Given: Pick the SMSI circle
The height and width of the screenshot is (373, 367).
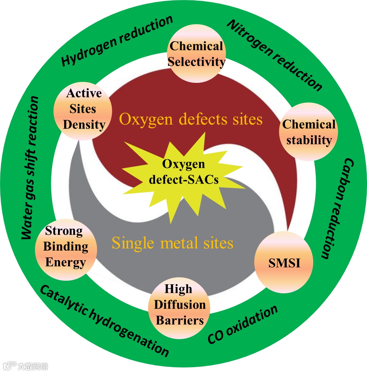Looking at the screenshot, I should click(x=284, y=263).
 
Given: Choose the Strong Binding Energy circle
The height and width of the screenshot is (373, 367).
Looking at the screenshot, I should click(x=65, y=246).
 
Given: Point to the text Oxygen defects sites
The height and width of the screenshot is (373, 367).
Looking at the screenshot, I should click(x=191, y=120).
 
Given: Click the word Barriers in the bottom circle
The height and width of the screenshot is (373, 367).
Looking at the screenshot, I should click(x=180, y=320).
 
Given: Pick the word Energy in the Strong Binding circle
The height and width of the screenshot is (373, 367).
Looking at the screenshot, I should click(x=65, y=262).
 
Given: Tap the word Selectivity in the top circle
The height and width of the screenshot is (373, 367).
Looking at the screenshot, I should click(x=196, y=62).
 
